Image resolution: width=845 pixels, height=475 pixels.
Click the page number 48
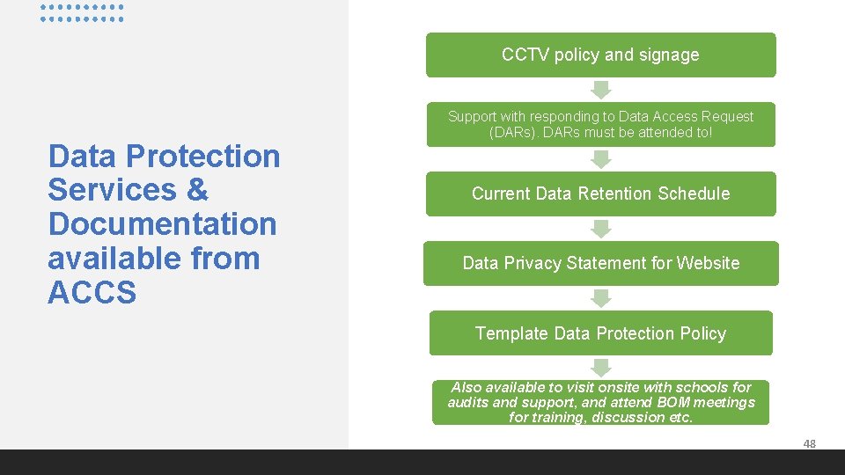(x=809, y=444)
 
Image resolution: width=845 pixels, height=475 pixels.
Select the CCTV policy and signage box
(x=600, y=55)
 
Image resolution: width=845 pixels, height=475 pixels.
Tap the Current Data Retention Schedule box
(x=600, y=194)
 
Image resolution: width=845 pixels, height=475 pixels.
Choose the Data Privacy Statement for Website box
(x=600, y=263)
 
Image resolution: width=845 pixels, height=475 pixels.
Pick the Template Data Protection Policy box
(x=600, y=333)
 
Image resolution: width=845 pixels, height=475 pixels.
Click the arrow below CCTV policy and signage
(x=600, y=89)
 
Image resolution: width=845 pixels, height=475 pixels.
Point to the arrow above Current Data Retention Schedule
(x=600, y=159)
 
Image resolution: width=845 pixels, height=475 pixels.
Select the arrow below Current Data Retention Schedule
(x=600, y=229)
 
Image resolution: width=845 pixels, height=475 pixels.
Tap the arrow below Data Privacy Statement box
(x=600, y=298)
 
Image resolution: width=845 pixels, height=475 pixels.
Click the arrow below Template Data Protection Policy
(x=600, y=368)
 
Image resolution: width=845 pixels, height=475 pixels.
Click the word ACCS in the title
(x=92, y=293)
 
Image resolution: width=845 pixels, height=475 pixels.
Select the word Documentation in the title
(x=163, y=224)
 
